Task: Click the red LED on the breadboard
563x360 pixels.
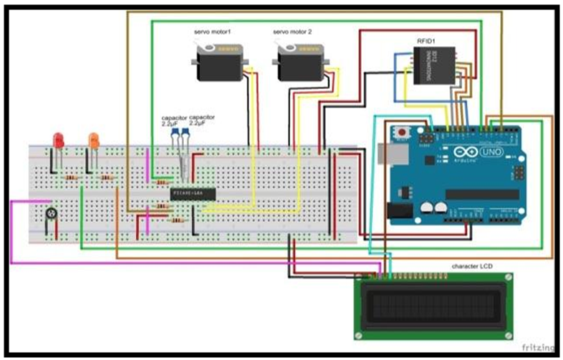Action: point(58,140)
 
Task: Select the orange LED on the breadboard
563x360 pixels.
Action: point(93,140)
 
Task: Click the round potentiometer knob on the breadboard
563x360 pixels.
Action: point(51,213)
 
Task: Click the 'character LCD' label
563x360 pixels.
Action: point(472,266)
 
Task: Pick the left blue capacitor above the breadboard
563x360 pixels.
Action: point(175,134)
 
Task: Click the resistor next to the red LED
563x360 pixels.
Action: point(71,177)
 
